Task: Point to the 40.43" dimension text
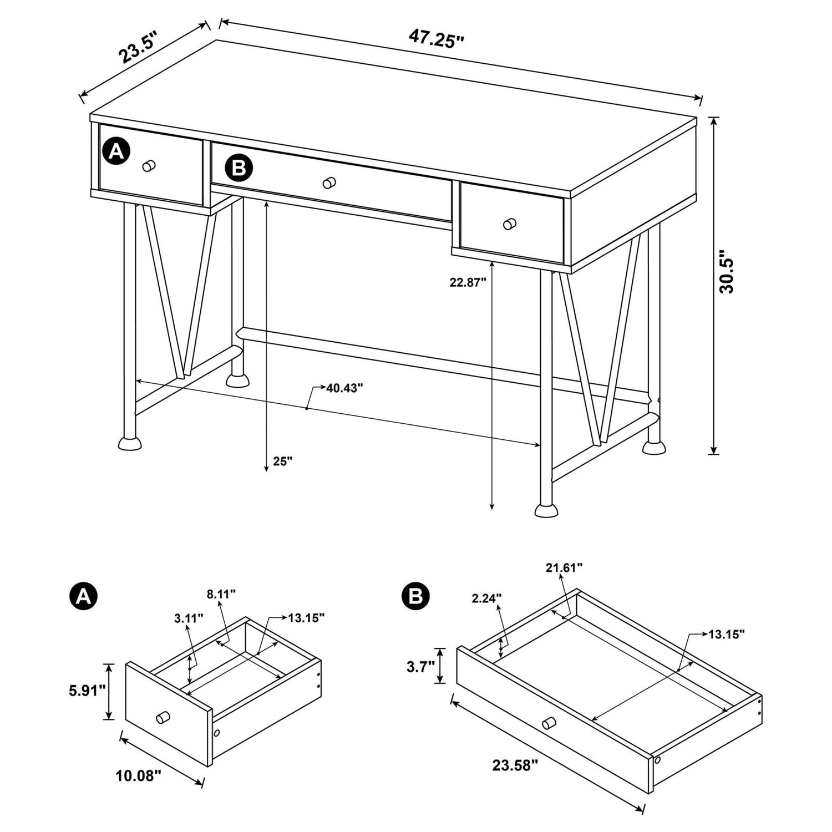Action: point(344,388)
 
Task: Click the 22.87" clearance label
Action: point(468,282)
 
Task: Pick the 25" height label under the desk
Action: point(282,461)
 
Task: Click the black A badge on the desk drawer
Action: point(116,151)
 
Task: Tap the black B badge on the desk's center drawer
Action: point(239,168)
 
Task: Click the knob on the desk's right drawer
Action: point(509,224)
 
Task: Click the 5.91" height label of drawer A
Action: point(84,691)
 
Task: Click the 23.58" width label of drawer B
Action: point(515,766)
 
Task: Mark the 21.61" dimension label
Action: point(564,567)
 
